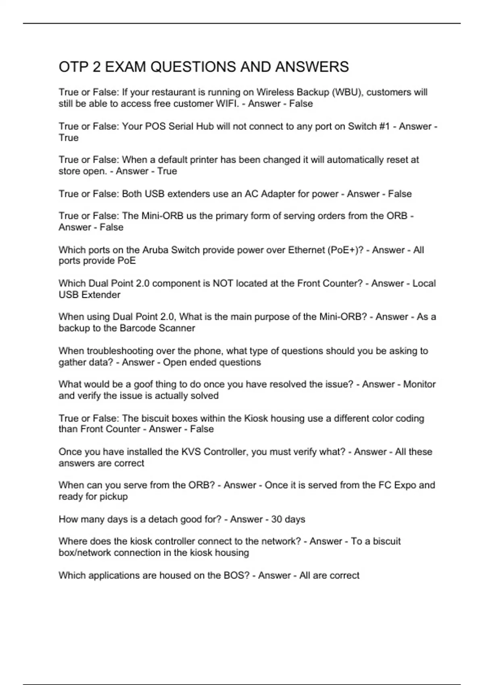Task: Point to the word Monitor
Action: tap(419, 384)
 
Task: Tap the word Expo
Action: tap(405, 485)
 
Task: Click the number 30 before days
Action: tap(277, 519)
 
